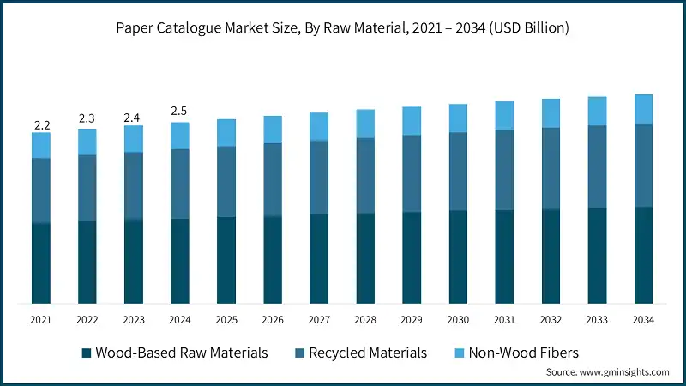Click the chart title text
click(x=343, y=28)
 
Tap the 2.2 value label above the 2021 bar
click(x=41, y=125)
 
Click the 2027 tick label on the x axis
click(x=319, y=320)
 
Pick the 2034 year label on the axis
click(x=643, y=320)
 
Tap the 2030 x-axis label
click(x=458, y=320)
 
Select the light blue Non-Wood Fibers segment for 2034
click(x=643, y=109)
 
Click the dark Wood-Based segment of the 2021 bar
click(x=41, y=262)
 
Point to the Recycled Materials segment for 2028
click(x=365, y=175)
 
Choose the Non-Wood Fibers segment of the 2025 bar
click(x=226, y=132)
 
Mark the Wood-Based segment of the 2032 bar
click(x=551, y=256)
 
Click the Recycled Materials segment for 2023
click(x=134, y=185)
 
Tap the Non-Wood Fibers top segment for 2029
click(x=412, y=121)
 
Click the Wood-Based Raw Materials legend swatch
click(x=86, y=353)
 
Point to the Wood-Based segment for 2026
click(x=273, y=259)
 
